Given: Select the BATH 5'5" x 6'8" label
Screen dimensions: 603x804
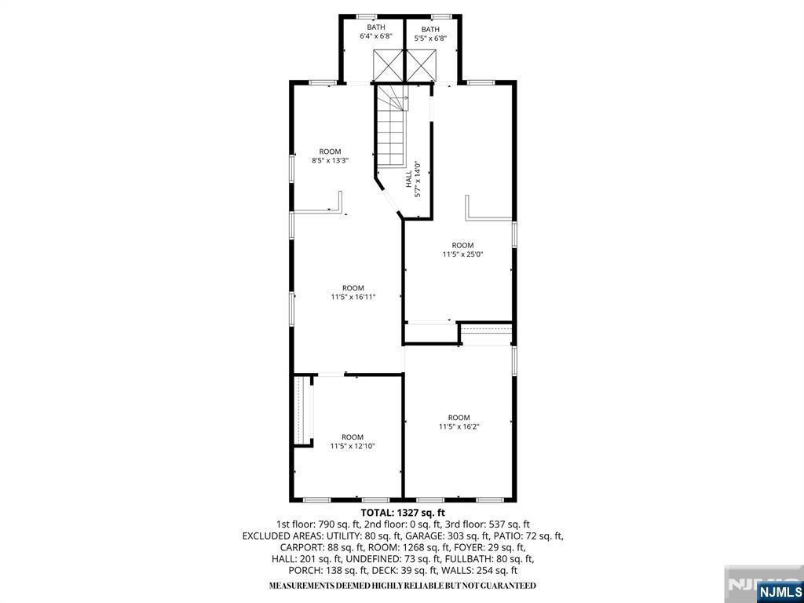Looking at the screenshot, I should [x=430, y=33].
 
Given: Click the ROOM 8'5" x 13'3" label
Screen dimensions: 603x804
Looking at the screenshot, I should [x=330, y=155].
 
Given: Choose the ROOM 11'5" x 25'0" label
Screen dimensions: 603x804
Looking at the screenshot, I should [x=462, y=250].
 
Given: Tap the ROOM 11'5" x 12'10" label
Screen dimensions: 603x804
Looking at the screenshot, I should [x=353, y=441].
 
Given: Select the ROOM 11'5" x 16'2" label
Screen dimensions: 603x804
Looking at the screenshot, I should [x=459, y=422].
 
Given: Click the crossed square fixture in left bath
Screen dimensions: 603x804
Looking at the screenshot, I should [x=387, y=64].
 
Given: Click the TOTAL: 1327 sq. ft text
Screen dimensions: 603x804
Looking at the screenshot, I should [x=402, y=512].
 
